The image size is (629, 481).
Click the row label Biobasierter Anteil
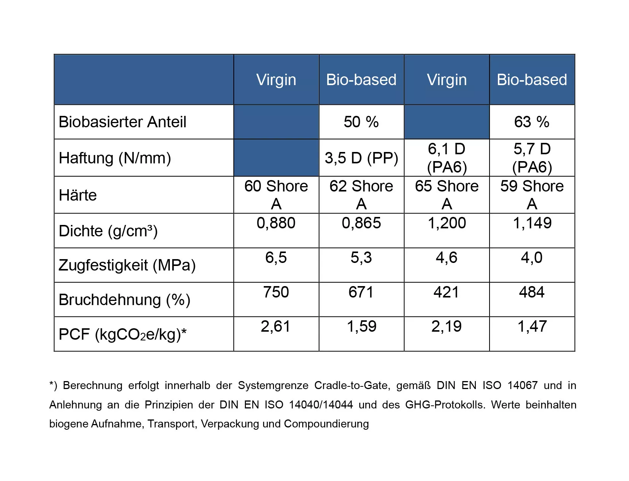(122, 122)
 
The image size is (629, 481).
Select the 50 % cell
(361, 122)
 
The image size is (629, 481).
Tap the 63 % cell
(532, 122)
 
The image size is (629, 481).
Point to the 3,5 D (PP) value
(361, 158)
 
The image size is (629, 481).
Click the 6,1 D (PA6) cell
(447, 158)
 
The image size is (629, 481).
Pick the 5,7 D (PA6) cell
(532, 158)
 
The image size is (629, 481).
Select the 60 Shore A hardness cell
(276, 195)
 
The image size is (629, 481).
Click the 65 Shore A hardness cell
(447, 195)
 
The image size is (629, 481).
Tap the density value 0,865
(361, 223)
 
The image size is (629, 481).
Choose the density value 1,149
(532, 223)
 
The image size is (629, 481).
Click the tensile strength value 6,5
(276, 257)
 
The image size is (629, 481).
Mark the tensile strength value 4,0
(532, 257)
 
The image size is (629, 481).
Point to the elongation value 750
(276, 292)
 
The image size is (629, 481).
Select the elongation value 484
(532, 292)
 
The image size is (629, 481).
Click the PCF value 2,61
(276, 326)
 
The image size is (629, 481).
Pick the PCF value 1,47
(532, 326)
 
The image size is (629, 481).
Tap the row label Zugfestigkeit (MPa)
(127, 265)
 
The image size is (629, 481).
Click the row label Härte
(78, 195)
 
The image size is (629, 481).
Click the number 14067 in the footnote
(523, 385)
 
